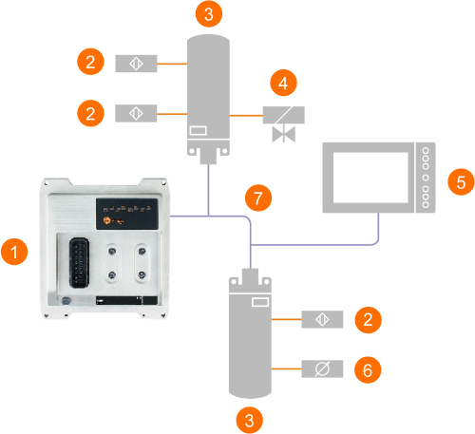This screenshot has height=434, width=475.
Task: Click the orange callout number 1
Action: click(x=14, y=252)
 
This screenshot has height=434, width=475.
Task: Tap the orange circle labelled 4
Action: click(x=283, y=83)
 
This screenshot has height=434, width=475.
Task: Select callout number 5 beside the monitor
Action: click(x=461, y=181)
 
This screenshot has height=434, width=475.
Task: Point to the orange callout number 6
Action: click(x=368, y=369)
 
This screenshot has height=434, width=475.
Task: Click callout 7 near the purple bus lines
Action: click(x=258, y=198)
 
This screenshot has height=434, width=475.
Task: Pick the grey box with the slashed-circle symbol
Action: click(x=322, y=368)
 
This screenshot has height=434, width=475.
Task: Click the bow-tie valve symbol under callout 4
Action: click(x=284, y=134)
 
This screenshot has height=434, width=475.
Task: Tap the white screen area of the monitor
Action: click(x=370, y=178)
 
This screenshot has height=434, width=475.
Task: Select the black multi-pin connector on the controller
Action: click(x=79, y=263)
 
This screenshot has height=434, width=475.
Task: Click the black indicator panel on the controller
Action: click(x=127, y=214)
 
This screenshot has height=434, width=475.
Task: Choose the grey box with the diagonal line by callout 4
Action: click(x=284, y=115)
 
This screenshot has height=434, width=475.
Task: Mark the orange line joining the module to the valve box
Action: click(x=246, y=116)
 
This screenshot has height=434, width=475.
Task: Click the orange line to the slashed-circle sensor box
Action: click(x=286, y=368)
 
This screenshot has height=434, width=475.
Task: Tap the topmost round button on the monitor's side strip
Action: click(x=426, y=151)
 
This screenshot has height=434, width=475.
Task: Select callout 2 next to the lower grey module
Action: click(x=368, y=320)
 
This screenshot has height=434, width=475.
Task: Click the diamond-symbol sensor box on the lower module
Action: click(x=322, y=319)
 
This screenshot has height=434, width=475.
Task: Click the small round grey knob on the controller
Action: click(x=66, y=301)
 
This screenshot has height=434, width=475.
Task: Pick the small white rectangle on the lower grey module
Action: click(x=260, y=302)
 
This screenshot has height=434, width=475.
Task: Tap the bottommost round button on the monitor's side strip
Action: click(x=426, y=205)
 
